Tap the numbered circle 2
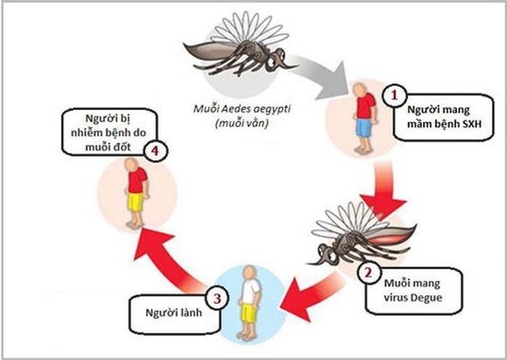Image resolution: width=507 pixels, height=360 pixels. (x=369, y=274)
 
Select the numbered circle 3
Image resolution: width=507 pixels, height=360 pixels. (x=215, y=297)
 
